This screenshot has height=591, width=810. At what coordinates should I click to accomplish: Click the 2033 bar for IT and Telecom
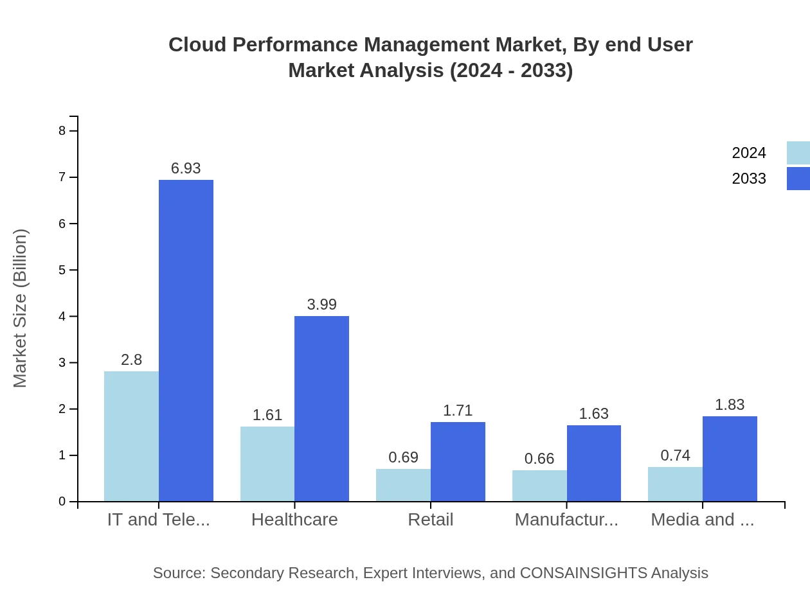[186, 340]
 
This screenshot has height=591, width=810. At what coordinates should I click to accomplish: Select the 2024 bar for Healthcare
[267, 464]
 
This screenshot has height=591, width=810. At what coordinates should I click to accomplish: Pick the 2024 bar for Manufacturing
[539, 486]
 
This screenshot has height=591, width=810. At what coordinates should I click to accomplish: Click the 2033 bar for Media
[730, 459]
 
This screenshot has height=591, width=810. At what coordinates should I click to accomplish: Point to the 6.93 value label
[186, 168]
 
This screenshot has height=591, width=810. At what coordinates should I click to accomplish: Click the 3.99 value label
[321, 304]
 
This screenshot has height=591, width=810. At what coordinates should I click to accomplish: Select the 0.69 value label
[403, 457]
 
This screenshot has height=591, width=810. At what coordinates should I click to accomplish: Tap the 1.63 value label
[593, 414]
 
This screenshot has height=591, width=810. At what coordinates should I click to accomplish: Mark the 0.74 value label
[675, 455]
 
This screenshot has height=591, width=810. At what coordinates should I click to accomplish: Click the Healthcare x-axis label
[294, 520]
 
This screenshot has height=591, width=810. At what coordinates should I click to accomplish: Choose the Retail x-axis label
[431, 520]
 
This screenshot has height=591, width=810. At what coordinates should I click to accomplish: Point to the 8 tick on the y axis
[62, 131]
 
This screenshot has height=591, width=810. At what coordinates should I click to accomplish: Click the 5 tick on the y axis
[62, 270]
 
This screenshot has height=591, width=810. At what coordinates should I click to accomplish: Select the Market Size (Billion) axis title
[21, 308]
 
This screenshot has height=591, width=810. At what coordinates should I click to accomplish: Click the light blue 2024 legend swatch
[798, 153]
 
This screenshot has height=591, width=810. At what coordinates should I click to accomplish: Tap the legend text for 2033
[749, 179]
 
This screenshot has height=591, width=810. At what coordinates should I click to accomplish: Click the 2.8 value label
[131, 360]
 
